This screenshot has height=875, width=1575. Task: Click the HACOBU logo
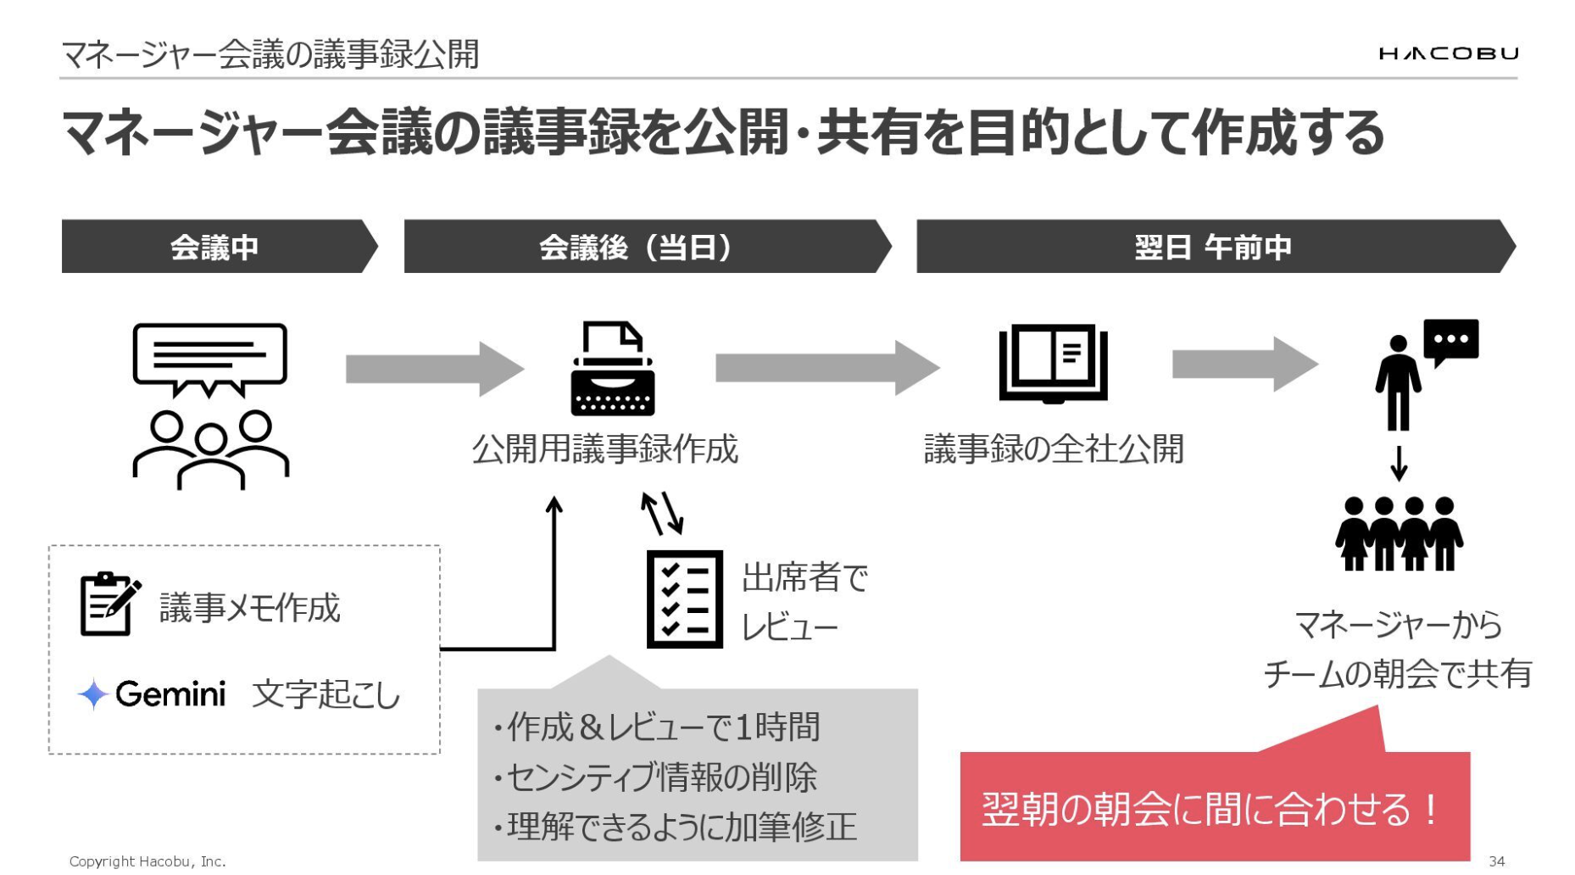click(x=1449, y=53)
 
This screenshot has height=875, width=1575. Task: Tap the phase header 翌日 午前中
click(x=1212, y=247)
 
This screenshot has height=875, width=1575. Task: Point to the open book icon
click(x=1053, y=363)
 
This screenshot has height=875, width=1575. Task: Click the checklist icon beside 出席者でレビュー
click(x=684, y=599)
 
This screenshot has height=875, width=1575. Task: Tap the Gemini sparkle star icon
click(x=92, y=694)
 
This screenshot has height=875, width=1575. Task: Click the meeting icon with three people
click(x=210, y=405)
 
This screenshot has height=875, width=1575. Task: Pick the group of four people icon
click(x=1399, y=533)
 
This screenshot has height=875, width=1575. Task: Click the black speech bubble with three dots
click(x=1450, y=341)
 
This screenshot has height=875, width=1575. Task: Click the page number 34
click(x=1496, y=861)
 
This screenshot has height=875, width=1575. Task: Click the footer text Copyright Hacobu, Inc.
click(x=147, y=861)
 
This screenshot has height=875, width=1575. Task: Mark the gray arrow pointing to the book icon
click(x=826, y=368)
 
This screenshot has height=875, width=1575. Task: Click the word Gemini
click(x=170, y=694)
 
